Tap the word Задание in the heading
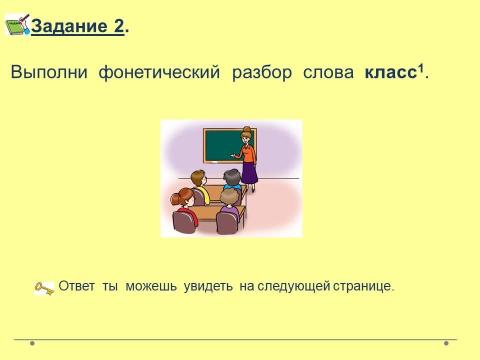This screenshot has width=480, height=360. click(x=69, y=25)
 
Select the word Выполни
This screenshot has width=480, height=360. click(x=49, y=72)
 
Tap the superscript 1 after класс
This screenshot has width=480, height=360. click(x=421, y=68)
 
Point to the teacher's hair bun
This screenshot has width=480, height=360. click(x=246, y=129)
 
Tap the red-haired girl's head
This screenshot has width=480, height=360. click(x=183, y=197)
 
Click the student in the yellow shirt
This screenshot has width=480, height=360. click(x=200, y=186)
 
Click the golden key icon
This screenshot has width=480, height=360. click(x=44, y=288)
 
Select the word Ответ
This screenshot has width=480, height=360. click(x=76, y=286)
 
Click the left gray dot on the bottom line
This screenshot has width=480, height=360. click(x=32, y=343)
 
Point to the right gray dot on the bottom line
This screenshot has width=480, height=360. click(x=446, y=343)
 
